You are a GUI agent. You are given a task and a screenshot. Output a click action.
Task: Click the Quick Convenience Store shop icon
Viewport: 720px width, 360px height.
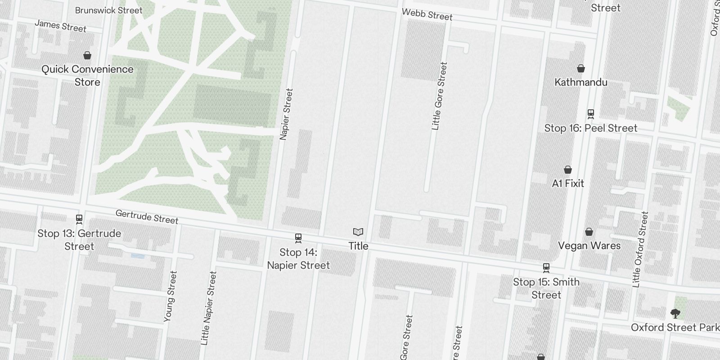[x=87, y=55]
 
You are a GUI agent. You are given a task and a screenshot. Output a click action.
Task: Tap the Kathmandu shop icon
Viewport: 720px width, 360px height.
[x=581, y=68]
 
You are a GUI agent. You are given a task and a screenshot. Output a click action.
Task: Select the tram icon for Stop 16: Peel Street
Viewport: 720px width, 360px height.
[x=591, y=114]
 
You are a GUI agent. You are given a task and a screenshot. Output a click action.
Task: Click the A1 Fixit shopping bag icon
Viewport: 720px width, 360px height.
[x=568, y=170]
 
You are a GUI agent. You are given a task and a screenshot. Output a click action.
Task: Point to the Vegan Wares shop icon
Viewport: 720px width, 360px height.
[x=589, y=232]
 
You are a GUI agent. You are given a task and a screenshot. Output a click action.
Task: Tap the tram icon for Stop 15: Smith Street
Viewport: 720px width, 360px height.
[x=546, y=268]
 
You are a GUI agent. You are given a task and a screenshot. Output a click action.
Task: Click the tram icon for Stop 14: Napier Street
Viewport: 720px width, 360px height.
[x=298, y=238]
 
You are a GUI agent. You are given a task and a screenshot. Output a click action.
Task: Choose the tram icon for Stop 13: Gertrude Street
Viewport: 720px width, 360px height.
[x=79, y=219]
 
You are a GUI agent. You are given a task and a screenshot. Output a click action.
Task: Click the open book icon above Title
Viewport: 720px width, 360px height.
[x=358, y=232]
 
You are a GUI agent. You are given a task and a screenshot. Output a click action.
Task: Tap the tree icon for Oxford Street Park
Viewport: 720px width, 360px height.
[x=675, y=313]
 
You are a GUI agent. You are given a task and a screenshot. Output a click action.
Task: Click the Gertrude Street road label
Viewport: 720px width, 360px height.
[x=147, y=216]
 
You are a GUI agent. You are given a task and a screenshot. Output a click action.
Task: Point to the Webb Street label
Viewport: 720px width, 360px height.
[x=427, y=14]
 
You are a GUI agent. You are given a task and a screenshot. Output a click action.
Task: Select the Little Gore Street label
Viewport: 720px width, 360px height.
[x=439, y=96]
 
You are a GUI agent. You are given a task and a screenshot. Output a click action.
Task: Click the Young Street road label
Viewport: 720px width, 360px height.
[x=170, y=296]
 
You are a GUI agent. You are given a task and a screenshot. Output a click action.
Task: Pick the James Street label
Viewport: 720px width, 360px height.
[x=60, y=26]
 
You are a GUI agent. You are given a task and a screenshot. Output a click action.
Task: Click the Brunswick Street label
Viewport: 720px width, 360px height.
[x=108, y=10]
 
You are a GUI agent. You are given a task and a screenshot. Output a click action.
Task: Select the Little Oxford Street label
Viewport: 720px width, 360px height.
[x=640, y=249]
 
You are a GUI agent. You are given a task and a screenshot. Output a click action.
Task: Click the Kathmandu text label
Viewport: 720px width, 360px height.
[x=581, y=82]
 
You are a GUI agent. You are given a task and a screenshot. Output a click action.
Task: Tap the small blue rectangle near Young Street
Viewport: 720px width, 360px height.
[x=138, y=256]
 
